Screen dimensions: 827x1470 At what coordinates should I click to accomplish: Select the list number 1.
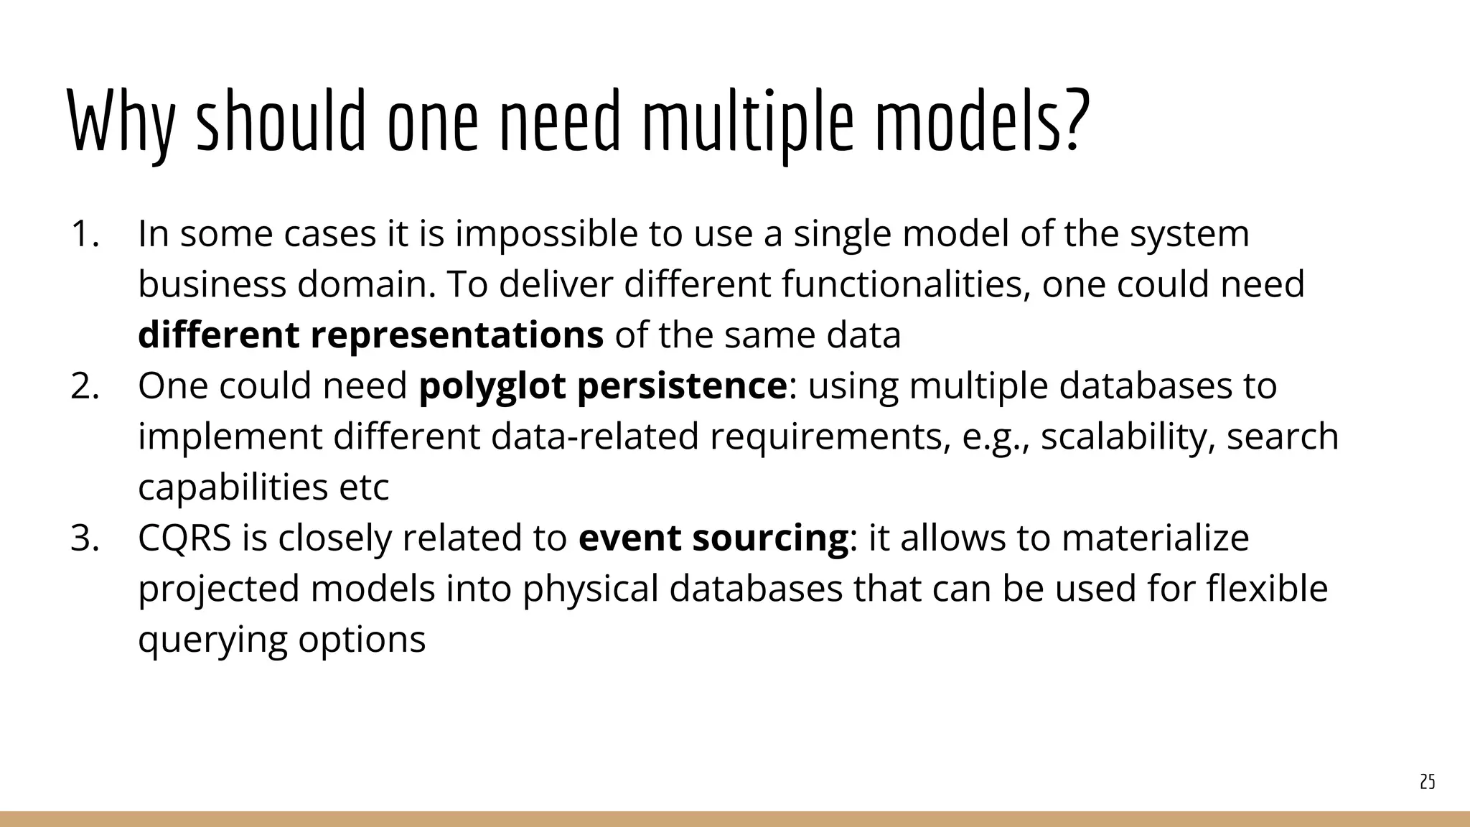tap(84, 234)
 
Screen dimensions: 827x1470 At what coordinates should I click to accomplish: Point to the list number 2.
tap(84, 386)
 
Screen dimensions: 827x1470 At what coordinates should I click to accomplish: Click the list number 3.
tap(84, 538)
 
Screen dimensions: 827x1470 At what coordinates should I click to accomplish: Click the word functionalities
tap(906, 284)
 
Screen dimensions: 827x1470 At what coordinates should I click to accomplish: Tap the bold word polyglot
tap(492, 386)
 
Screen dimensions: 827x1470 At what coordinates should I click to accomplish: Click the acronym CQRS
tap(184, 538)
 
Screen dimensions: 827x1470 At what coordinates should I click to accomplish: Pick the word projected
tap(218, 589)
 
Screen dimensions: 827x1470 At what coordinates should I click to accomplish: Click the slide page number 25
tap(1427, 782)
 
